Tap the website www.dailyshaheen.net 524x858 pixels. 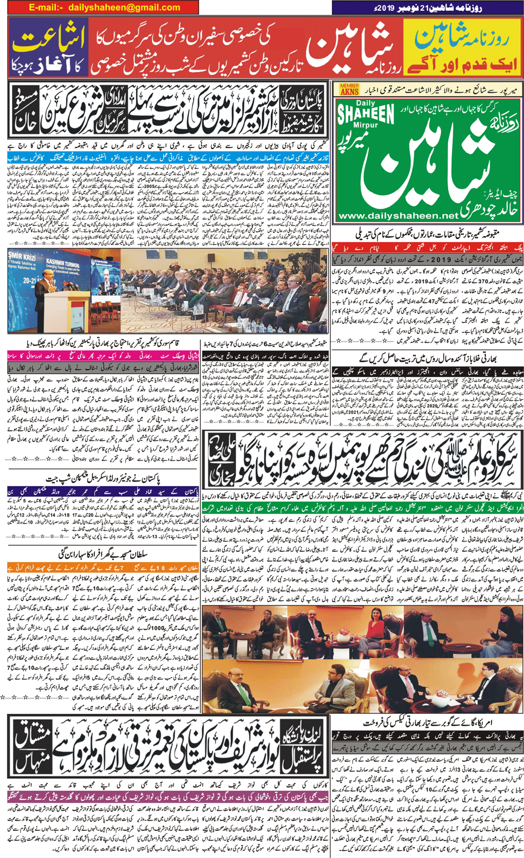397,216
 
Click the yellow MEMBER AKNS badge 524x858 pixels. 349,89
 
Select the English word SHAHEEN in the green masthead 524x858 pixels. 366,114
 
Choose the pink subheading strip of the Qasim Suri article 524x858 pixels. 103,356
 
